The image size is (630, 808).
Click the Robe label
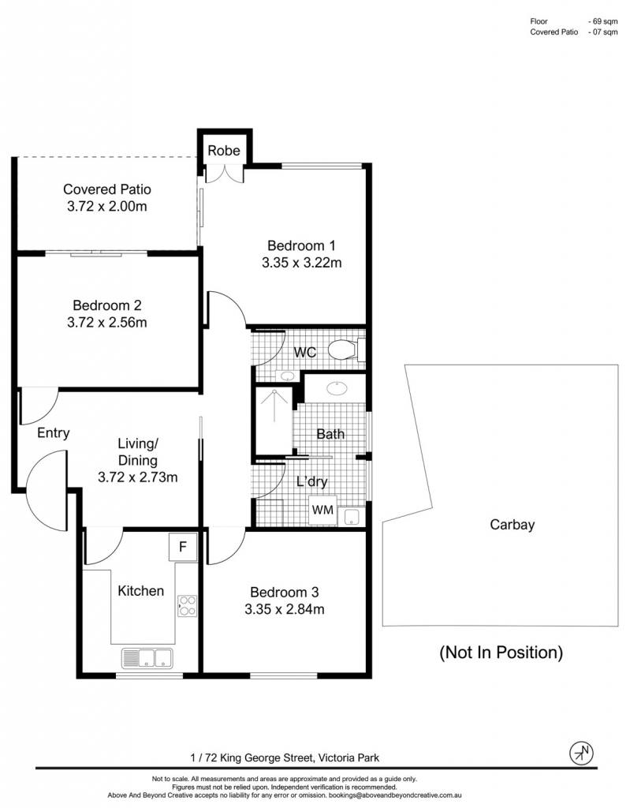tap(224, 151)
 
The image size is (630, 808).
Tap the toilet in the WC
tap(346, 350)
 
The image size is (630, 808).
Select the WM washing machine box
tap(322, 511)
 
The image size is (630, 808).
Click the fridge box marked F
tap(183, 547)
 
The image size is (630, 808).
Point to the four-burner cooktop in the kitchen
tap(187, 606)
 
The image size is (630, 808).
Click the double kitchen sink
tap(147, 658)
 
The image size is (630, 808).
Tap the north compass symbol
tap(581, 754)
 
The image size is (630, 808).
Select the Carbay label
tap(512, 525)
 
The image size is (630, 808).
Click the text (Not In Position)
tap(501, 653)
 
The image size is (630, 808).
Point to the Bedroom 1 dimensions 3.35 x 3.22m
tap(301, 263)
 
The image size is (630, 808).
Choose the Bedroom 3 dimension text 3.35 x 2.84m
tap(285, 610)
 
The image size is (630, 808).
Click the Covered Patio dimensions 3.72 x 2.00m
tap(107, 207)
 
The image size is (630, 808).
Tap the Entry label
tap(53, 433)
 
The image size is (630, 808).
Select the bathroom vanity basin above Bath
tap(337, 387)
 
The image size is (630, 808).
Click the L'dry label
tap(311, 481)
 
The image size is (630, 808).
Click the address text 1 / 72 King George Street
tap(252, 757)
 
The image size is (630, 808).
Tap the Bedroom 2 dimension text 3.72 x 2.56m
tap(107, 323)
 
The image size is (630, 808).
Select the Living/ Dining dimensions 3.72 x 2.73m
tap(137, 477)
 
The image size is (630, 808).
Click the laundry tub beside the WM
tap(352, 516)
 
